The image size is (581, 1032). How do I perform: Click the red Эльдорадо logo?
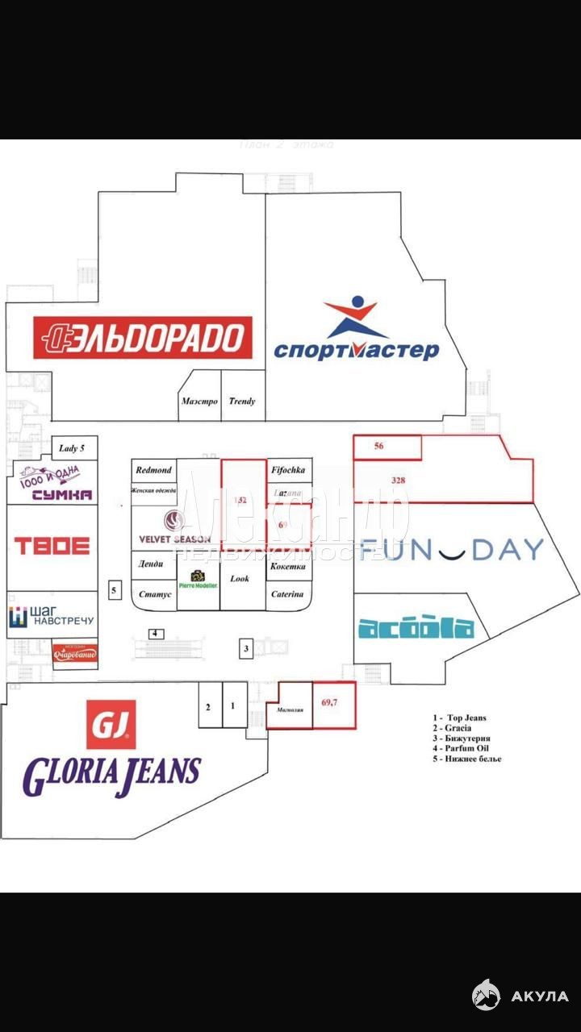[142, 337]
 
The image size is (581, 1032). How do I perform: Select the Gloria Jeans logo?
[111, 750]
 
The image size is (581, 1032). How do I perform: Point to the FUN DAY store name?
[452, 550]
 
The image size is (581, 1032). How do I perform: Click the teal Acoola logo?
[415, 628]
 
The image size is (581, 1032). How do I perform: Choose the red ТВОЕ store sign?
[52, 546]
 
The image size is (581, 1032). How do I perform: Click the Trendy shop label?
[242, 401]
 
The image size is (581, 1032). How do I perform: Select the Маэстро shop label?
[199, 401]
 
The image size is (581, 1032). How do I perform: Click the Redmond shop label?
[153, 469]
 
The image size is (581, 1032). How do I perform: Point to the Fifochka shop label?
[288, 469]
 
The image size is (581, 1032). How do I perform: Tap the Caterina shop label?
[288, 594]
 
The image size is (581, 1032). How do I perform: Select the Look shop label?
[240, 578]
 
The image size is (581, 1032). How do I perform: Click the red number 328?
[398, 480]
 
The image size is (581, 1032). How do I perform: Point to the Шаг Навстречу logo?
[52, 618]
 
